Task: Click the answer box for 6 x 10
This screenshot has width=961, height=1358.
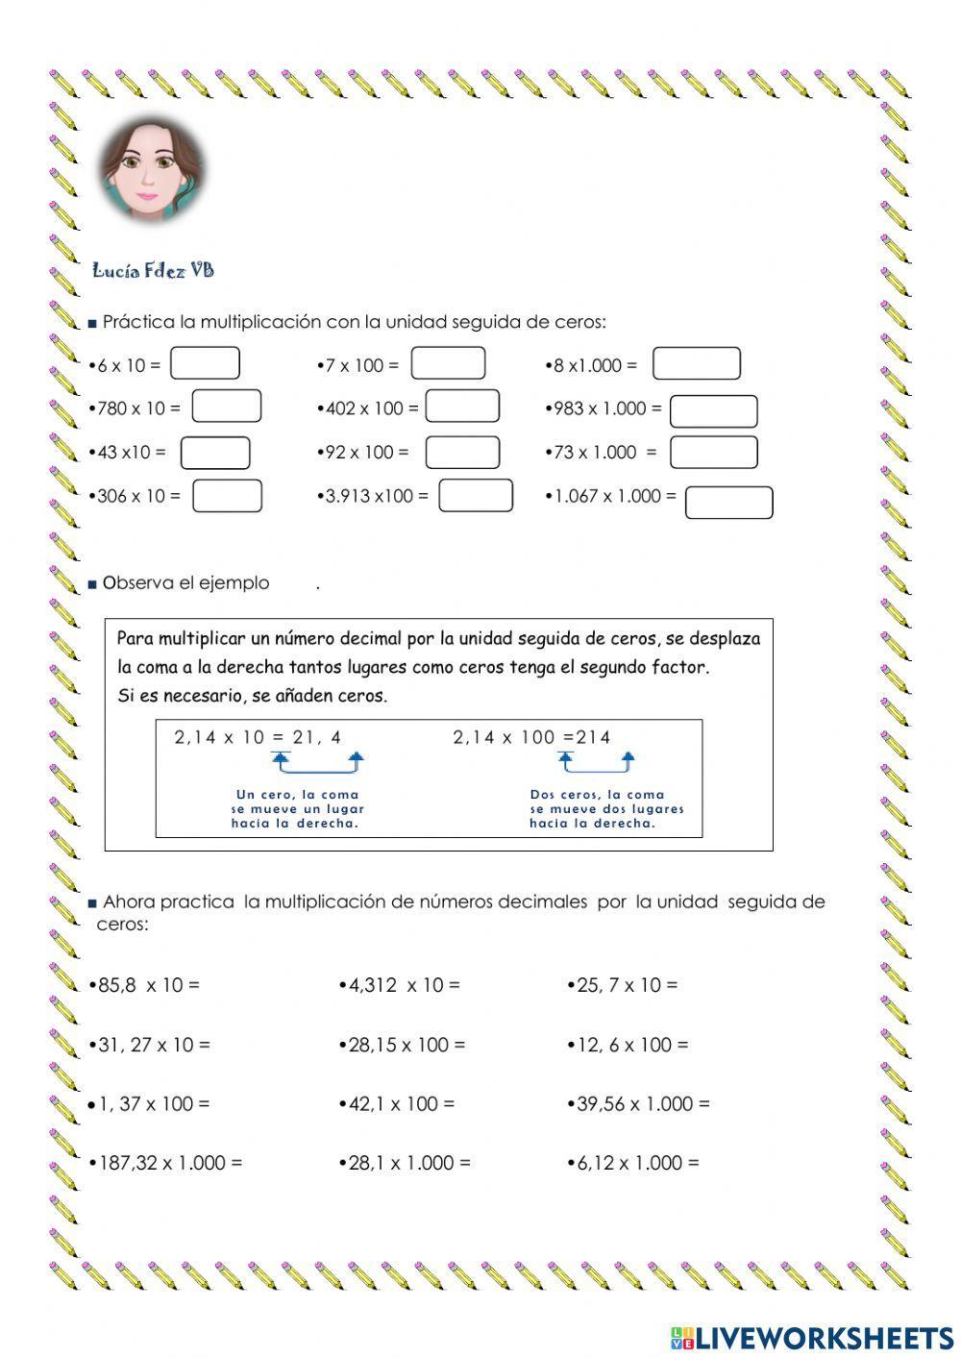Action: (205, 364)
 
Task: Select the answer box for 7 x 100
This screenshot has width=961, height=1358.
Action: (448, 363)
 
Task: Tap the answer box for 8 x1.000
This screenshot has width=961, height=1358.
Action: (696, 364)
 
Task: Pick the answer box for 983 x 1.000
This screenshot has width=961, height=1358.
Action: (713, 411)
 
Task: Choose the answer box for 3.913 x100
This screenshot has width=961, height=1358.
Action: (476, 495)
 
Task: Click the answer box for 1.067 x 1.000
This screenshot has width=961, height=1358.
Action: (728, 503)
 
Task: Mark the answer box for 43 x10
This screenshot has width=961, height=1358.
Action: (215, 453)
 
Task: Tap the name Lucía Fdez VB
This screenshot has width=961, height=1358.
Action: (153, 271)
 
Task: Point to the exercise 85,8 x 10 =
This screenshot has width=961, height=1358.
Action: (144, 985)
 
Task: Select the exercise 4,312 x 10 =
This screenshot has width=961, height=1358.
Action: (400, 985)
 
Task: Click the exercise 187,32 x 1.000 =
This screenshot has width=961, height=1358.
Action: (166, 1163)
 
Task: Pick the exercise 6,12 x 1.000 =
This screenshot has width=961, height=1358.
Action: (633, 1163)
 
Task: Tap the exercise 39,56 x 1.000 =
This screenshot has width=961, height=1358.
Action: (639, 1104)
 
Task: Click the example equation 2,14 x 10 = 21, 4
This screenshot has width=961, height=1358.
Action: (258, 738)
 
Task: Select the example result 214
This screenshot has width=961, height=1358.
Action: (593, 738)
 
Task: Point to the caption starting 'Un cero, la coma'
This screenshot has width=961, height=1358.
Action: (297, 808)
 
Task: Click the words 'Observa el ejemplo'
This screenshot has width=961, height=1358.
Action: (185, 583)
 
